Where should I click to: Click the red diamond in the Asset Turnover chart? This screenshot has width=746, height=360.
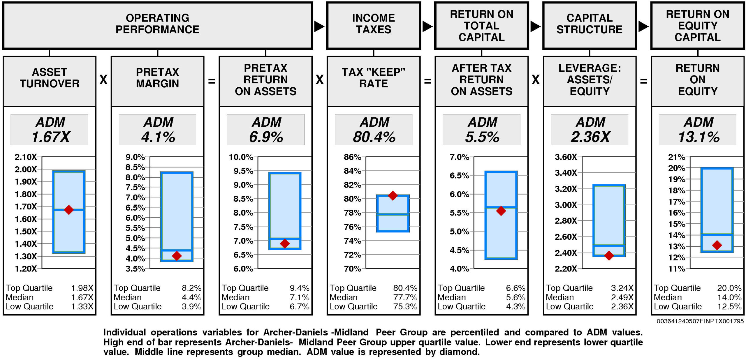[x=69, y=210]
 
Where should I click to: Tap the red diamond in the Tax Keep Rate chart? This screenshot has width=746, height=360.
[x=393, y=195]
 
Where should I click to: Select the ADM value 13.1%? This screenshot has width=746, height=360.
[x=699, y=137]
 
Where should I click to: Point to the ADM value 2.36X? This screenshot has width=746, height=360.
[x=590, y=137]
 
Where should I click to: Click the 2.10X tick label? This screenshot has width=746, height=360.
[x=26, y=157]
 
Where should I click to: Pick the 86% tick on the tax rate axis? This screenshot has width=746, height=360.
[x=352, y=157]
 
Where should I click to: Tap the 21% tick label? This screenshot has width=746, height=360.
[x=676, y=157]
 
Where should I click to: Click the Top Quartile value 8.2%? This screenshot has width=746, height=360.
[x=191, y=288]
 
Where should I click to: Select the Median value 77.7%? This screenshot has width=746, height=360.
[x=405, y=297]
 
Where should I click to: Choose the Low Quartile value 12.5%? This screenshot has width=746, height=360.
[x=729, y=306]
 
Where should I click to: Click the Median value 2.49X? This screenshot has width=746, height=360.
[x=622, y=297]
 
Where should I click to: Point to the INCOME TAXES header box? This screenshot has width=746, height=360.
[x=374, y=26]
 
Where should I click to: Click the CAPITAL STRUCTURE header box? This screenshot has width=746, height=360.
[x=590, y=26]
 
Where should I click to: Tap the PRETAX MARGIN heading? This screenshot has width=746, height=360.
[x=157, y=78]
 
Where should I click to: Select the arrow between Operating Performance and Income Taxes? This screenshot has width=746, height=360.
[x=319, y=27]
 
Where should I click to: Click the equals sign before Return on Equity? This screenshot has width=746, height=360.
[x=643, y=81]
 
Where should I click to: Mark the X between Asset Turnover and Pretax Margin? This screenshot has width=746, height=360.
[x=103, y=80]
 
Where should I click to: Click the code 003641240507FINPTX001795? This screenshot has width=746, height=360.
[x=700, y=321]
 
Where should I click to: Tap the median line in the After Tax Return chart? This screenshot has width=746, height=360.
[x=501, y=207]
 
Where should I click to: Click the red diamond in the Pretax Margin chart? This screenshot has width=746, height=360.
[x=177, y=256]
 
